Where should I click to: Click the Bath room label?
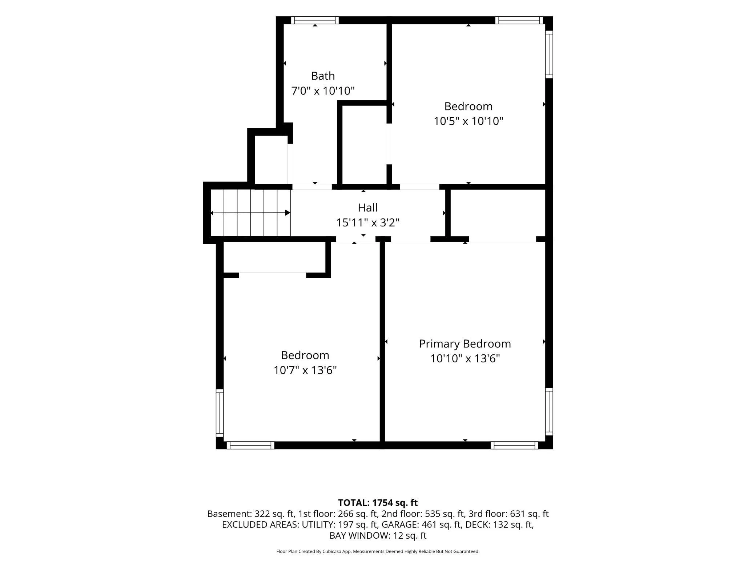pyautogui.click(x=323, y=76)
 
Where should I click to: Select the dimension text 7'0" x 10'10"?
pyautogui.click(x=323, y=91)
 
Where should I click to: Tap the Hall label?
pyautogui.click(x=367, y=208)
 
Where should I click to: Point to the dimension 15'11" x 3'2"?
pyautogui.click(x=367, y=222)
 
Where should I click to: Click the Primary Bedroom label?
pyautogui.click(x=465, y=344)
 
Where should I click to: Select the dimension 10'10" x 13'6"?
pyautogui.click(x=465, y=359)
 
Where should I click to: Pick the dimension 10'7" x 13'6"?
pyautogui.click(x=305, y=370)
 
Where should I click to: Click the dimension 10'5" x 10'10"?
pyautogui.click(x=468, y=121)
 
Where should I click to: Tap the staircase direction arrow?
pyautogui.click(x=250, y=213)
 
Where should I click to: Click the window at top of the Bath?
pyautogui.click(x=315, y=20)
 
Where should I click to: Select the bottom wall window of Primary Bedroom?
pyautogui.click(x=514, y=445)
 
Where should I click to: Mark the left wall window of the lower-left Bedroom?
pyautogui.click(x=220, y=413)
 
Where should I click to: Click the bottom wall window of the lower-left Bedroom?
pyautogui.click(x=250, y=445)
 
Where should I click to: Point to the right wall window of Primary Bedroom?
pyautogui.click(x=549, y=411)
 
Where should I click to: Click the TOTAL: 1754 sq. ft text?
pyautogui.click(x=378, y=503)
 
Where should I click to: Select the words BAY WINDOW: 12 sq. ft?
pyautogui.click(x=378, y=535)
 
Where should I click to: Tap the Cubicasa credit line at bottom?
pyautogui.click(x=378, y=551)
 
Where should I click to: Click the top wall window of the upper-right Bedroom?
pyautogui.click(x=519, y=20)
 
